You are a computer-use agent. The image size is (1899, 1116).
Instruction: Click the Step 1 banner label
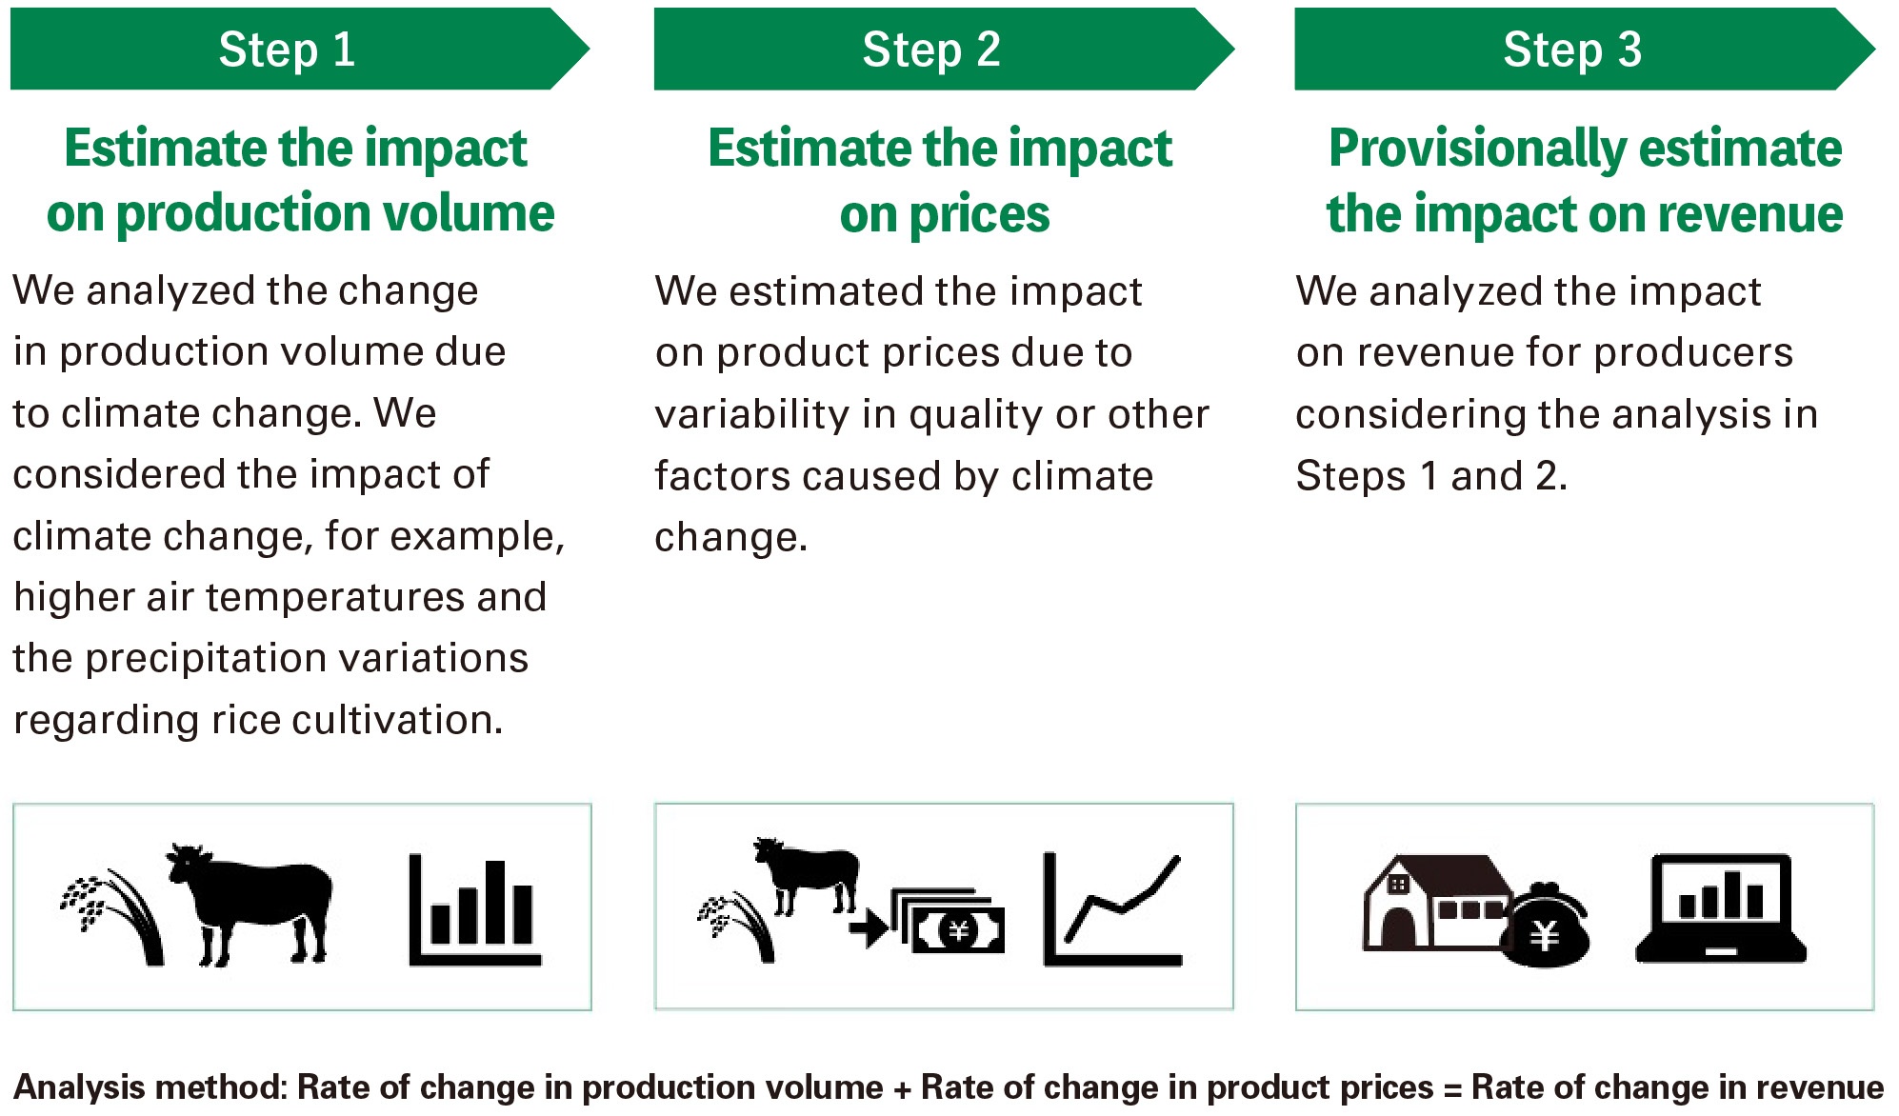click(x=287, y=50)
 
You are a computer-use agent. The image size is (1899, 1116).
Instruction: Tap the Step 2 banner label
click(x=930, y=50)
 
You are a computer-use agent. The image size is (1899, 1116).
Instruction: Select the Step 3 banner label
click(x=1571, y=50)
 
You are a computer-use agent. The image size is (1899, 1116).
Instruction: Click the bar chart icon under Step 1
click(x=473, y=911)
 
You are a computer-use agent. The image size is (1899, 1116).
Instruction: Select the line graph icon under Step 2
click(x=1112, y=910)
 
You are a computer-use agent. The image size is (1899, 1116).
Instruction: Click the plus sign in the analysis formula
click(x=902, y=1089)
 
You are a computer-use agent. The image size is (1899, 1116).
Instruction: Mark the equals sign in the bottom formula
click(x=1452, y=1089)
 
